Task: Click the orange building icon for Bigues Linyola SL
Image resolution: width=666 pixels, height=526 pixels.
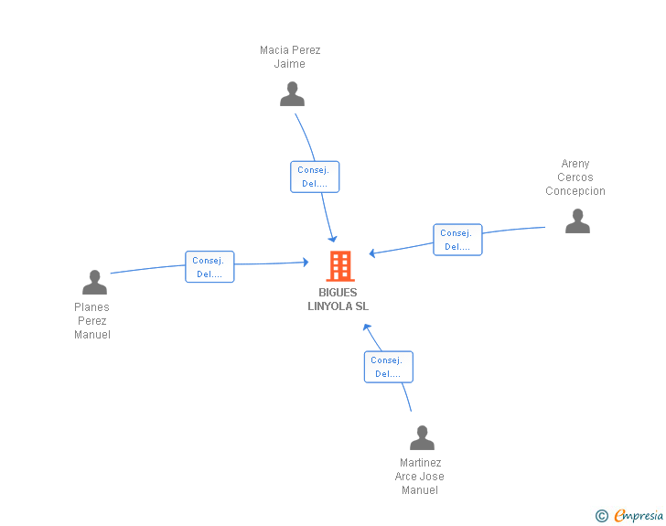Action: [x=340, y=266]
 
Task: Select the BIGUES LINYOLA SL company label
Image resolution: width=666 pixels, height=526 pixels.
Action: [x=338, y=300]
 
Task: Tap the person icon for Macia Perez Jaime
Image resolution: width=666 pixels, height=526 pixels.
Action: [x=292, y=94]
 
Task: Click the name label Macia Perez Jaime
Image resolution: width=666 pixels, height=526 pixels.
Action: [x=290, y=57]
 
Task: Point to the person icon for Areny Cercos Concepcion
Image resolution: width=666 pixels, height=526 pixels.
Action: [x=577, y=221]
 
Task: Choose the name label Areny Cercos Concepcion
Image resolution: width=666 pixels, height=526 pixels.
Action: [x=575, y=177]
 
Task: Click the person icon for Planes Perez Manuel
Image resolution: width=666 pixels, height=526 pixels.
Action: [x=94, y=283]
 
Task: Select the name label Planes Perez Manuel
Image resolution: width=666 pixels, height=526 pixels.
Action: [x=92, y=321]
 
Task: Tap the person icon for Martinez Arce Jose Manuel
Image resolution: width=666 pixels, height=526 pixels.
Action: [x=422, y=438]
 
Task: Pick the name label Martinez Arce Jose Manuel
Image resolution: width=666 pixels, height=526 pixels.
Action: [x=420, y=477]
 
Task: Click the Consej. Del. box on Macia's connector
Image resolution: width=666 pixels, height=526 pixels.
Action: [x=315, y=177]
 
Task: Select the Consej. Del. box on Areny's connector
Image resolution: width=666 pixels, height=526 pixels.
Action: [x=457, y=240]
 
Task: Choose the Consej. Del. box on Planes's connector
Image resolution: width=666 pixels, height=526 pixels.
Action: [x=209, y=266]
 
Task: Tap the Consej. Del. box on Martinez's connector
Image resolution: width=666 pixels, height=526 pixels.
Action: [x=388, y=367]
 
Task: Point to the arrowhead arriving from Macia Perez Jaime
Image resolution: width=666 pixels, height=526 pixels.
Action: [x=333, y=238]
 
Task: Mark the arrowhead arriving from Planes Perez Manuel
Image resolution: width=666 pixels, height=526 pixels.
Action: [x=305, y=263]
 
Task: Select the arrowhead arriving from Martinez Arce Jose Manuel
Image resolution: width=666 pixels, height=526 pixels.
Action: [x=367, y=327]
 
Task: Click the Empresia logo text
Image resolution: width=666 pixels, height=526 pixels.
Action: [x=639, y=516]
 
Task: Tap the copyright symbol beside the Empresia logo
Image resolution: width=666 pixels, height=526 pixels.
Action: [x=601, y=517]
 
